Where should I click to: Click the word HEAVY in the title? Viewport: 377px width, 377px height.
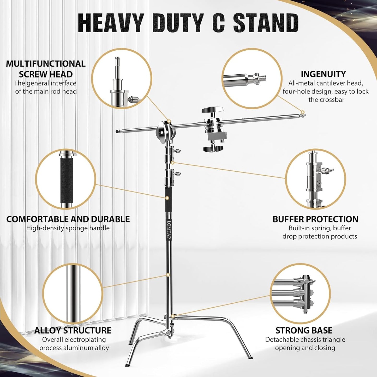pos(111,23)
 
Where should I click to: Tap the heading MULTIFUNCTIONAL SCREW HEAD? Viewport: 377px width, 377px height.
pos(46,69)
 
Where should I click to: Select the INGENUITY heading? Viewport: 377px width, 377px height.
pos(323,74)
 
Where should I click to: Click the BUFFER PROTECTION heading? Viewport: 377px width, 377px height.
pos(315,219)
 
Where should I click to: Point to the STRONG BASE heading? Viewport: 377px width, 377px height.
pos(304,330)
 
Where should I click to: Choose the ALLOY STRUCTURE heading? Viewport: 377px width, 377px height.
pos(73,330)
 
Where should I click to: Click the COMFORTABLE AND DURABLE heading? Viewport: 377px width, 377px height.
pos(68,219)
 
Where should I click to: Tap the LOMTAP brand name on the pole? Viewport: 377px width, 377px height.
pos(169,230)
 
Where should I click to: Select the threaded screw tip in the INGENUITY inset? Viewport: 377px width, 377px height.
pos(261,77)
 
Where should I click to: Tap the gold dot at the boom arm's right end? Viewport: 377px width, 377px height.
pos(303,112)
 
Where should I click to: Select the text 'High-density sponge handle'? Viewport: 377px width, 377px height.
pos(68,228)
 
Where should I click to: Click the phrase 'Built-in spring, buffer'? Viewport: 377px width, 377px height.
pos(320,228)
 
